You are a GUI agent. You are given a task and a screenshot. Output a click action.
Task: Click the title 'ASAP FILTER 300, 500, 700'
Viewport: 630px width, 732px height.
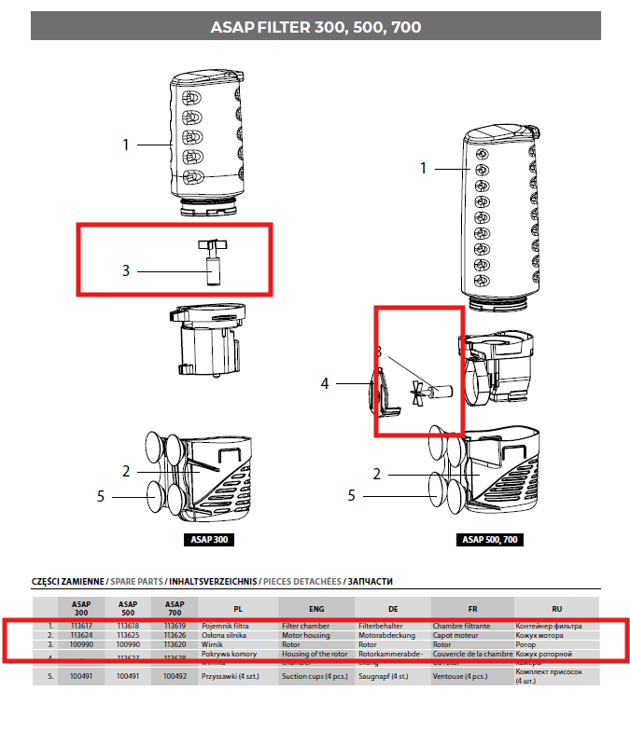click(x=315, y=27)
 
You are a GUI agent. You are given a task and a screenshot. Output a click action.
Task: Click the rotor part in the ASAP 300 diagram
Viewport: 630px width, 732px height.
click(x=210, y=262)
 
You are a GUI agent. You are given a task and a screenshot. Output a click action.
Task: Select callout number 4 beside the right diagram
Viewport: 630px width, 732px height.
click(x=325, y=382)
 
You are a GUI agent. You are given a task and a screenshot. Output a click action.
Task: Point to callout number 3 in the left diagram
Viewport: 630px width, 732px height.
click(x=125, y=271)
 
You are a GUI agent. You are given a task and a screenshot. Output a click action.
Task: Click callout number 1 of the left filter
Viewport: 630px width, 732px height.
click(x=125, y=145)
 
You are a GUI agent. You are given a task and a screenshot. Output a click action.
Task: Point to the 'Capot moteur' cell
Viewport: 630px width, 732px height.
click(x=455, y=635)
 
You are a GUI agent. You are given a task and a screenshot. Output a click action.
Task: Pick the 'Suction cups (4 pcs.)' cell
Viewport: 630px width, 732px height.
click(x=315, y=676)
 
